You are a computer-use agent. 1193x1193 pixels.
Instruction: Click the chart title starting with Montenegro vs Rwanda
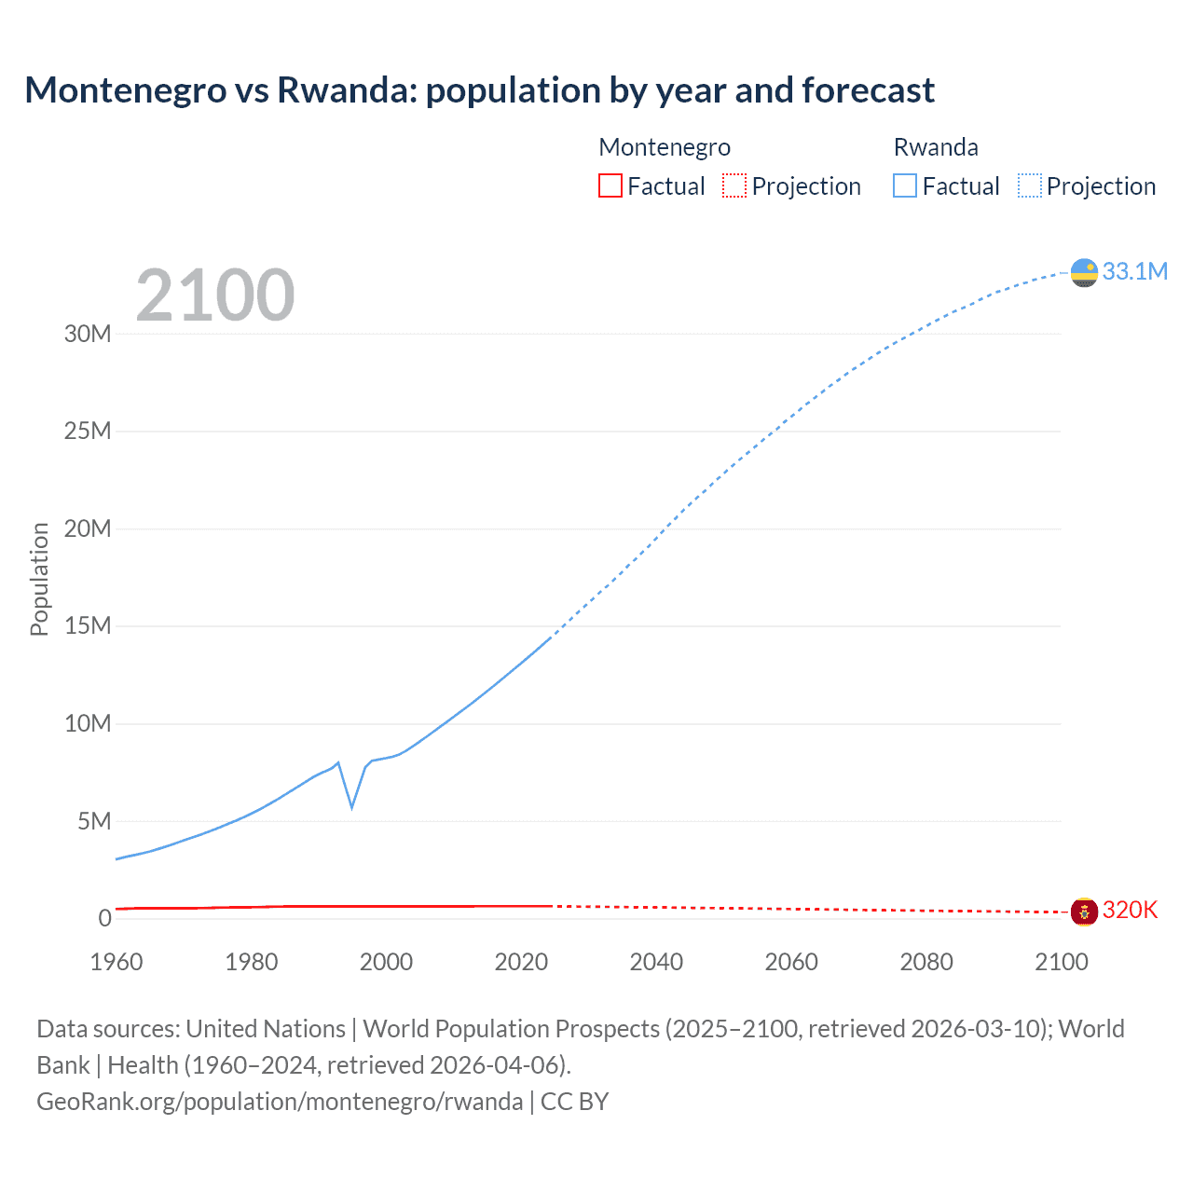[479, 90]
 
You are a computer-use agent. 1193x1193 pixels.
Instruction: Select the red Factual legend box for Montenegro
[610, 185]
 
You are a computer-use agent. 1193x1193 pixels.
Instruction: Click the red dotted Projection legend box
[734, 185]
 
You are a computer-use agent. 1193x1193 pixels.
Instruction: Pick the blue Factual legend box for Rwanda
[904, 185]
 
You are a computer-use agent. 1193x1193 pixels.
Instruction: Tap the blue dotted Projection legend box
[1029, 185]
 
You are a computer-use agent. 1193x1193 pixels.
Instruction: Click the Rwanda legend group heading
[936, 147]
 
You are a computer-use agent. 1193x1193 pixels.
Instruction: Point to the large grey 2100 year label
[215, 295]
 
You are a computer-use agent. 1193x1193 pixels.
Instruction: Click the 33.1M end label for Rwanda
[1134, 271]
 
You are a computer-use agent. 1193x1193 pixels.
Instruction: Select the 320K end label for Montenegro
[1130, 911]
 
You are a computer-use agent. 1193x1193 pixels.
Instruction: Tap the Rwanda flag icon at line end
[1084, 272]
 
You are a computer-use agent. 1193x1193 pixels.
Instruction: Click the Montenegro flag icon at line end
[1084, 912]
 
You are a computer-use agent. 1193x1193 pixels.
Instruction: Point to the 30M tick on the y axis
[88, 334]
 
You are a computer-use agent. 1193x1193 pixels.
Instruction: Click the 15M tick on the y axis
[88, 625]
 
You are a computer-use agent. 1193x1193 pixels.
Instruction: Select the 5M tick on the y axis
[94, 821]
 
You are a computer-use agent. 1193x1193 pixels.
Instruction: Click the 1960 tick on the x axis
[117, 962]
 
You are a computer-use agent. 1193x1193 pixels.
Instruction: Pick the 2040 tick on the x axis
[656, 962]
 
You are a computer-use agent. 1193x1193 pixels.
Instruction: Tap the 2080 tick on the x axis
[926, 962]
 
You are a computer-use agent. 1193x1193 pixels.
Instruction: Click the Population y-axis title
[39, 579]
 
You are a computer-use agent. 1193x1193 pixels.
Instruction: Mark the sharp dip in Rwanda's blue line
[351, 805]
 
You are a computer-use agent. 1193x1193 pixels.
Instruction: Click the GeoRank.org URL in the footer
[280, 1102]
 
